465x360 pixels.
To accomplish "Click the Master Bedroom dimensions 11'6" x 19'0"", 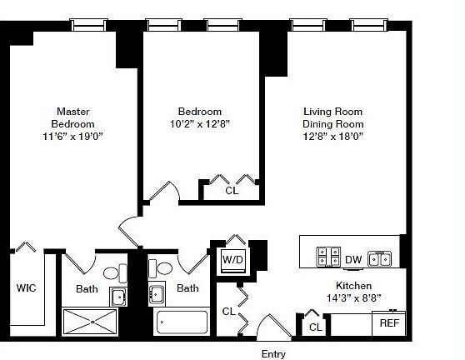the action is tap(72, 137).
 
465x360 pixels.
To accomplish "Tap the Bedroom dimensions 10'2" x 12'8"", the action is tap(200, 123).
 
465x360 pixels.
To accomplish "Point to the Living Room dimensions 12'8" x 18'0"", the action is tap(332, 137).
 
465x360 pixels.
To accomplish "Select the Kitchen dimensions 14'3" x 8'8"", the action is tap(353, 297).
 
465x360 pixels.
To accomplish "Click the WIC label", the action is tap(26, 288).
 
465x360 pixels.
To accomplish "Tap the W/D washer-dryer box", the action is tap(233, 261).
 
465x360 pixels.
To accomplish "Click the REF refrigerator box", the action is tap(389, 323).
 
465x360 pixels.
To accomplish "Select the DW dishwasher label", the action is tap(353, 260).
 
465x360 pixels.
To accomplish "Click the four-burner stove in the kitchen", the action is tap(328, 257).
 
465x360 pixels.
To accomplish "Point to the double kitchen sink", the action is tap(380, 259).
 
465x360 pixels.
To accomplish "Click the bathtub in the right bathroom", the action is tap(182, 322).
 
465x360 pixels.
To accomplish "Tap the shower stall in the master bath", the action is tap(89, 322).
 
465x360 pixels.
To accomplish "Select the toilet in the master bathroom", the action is tap(115, 273).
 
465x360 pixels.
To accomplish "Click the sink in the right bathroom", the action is tap(157, 294).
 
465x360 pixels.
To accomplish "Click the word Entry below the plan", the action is tap(273, 354).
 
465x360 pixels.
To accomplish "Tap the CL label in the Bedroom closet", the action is tap(232, 190).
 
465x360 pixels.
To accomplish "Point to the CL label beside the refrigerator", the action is tap(315, 327).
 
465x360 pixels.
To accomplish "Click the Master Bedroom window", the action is tap(88, 25).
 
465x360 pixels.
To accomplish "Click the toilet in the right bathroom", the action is tap(160, 268).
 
